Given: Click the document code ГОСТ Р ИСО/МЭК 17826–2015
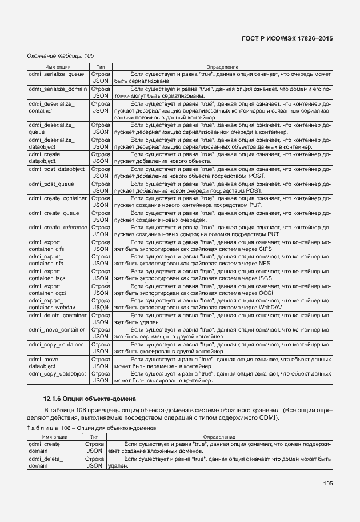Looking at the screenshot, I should pos(287,38).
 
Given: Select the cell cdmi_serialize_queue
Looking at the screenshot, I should pos(56,74).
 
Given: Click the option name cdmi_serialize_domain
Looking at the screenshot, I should pos(58,89).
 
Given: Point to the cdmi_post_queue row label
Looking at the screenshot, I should pos(51,184).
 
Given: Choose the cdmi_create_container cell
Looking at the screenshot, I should pos(58,198).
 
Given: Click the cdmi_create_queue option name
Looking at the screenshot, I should pos(54,213).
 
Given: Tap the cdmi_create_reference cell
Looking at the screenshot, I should pos(58,228).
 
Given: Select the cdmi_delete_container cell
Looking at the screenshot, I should pos(58,315).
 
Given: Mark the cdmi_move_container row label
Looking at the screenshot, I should pos(57,330).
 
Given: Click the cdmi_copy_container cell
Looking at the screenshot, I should pos(55,345).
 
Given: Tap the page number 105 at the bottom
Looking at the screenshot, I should pos(327,484).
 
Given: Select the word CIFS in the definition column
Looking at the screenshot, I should pos(265,249).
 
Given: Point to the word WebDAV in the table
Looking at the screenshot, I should pos(270,308).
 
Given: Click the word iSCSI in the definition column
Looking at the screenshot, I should pos(266,278).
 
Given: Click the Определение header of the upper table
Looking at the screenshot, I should pos(222,67).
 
